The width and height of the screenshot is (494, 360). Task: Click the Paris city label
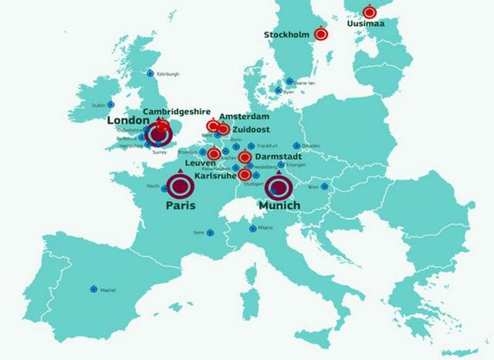181,206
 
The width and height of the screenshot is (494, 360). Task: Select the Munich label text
279,206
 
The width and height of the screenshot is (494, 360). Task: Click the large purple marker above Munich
278,187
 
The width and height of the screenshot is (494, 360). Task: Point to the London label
127,121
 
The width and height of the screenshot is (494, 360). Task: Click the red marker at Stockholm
323,34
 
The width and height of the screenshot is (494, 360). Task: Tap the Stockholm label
286,35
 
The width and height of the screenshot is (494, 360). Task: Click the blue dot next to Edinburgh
150,73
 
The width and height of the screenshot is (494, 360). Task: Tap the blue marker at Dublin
111,104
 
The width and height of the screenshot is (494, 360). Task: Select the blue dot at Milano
252,229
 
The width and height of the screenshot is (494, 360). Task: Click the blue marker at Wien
325,186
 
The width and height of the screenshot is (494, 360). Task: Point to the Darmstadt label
277,157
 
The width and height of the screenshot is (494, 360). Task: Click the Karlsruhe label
215,175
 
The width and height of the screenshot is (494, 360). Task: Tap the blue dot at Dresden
296,145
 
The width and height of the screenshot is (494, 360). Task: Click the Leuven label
200,164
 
